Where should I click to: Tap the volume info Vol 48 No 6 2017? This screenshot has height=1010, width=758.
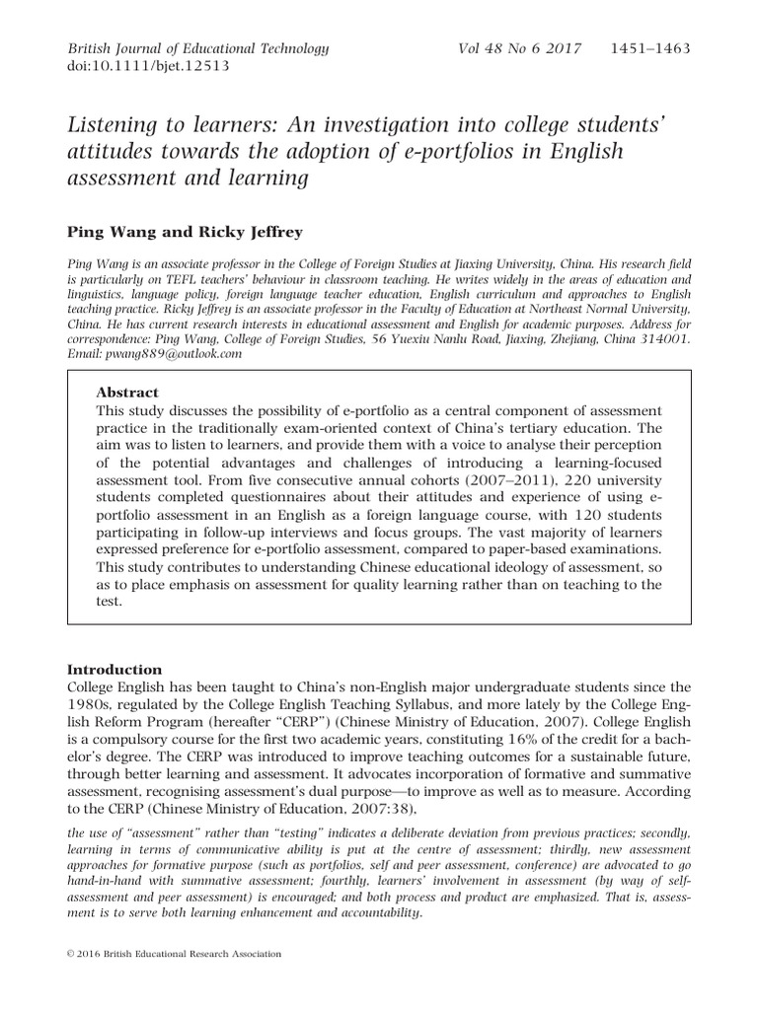click(x=520, y=48)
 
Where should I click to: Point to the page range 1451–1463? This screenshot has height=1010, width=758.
click(x=650, y=48)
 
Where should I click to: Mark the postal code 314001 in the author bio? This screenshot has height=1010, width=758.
click(x=666, y=338)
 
